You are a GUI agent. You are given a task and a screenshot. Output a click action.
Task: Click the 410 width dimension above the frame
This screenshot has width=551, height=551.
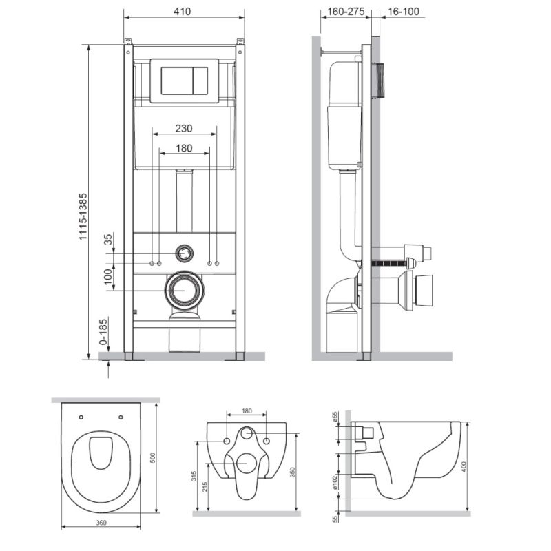tap(183, 12)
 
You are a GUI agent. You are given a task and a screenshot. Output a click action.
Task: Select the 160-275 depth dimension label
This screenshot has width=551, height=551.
tap(342, 12)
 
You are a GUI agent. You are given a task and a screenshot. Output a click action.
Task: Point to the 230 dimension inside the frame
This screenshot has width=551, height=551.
tap(183, 128)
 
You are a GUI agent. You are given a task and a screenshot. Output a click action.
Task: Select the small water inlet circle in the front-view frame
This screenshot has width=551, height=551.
tap(184, 253)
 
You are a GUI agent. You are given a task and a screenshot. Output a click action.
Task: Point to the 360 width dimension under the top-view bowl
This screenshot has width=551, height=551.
tap(101, 523)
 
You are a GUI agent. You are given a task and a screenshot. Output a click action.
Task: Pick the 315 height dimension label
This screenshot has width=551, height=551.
tap(195, 475)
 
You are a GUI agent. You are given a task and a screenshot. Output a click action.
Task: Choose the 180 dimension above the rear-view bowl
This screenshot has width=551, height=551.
tap(247, 411)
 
